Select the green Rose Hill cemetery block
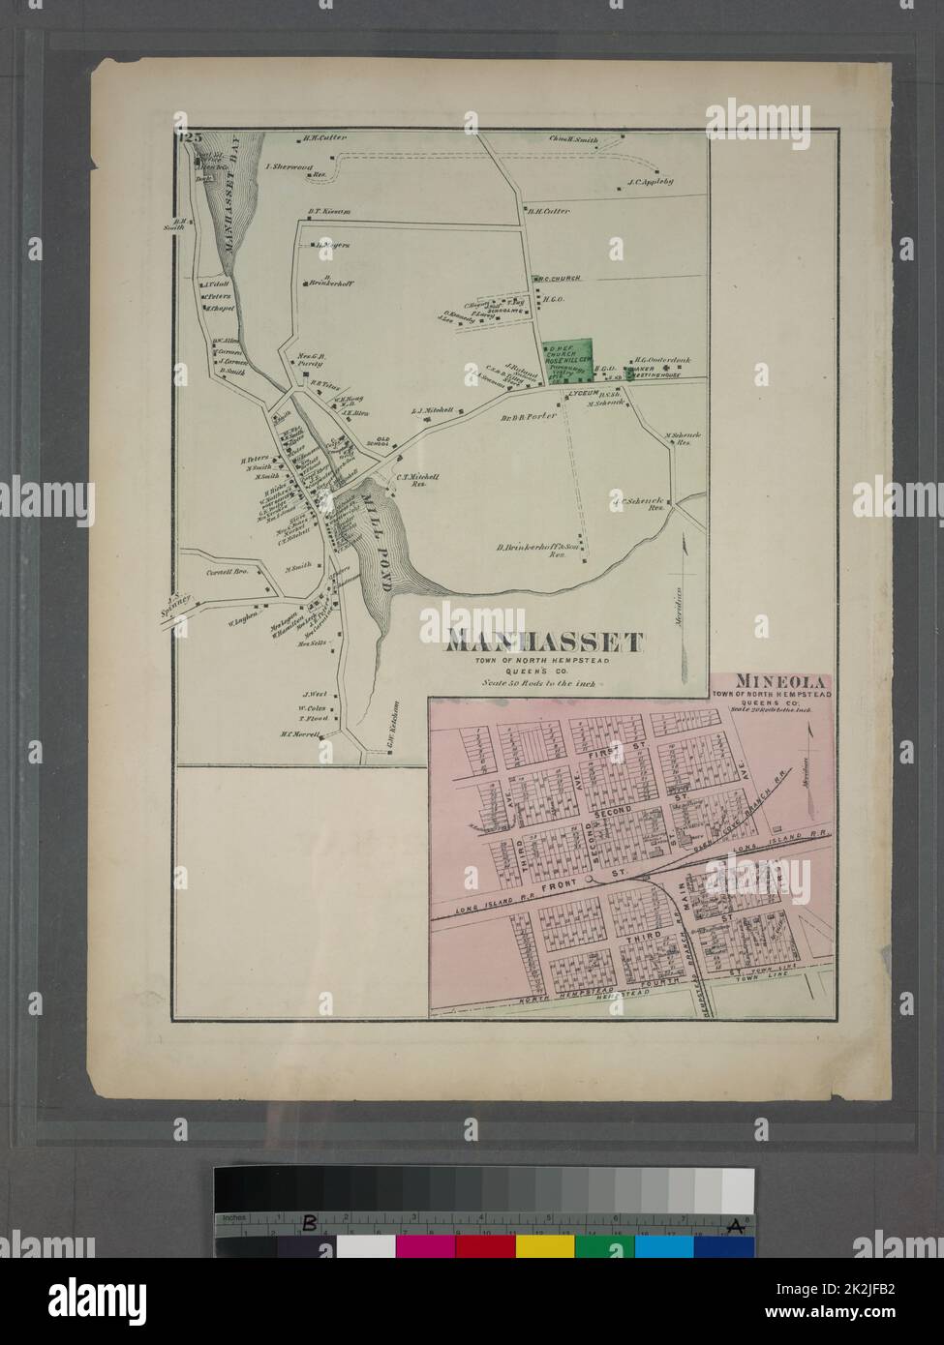tap(565, 363)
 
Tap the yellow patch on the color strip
tap(544, 1246)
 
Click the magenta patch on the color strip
tap(425, 1246)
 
